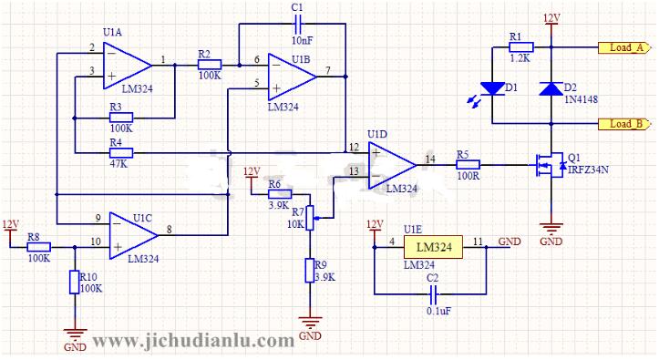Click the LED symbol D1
(492, 89)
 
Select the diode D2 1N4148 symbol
(551, 88)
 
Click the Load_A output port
(623, 47)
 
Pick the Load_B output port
(623, 123)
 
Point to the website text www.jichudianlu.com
(193, 341)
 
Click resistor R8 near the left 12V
(38, 245)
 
